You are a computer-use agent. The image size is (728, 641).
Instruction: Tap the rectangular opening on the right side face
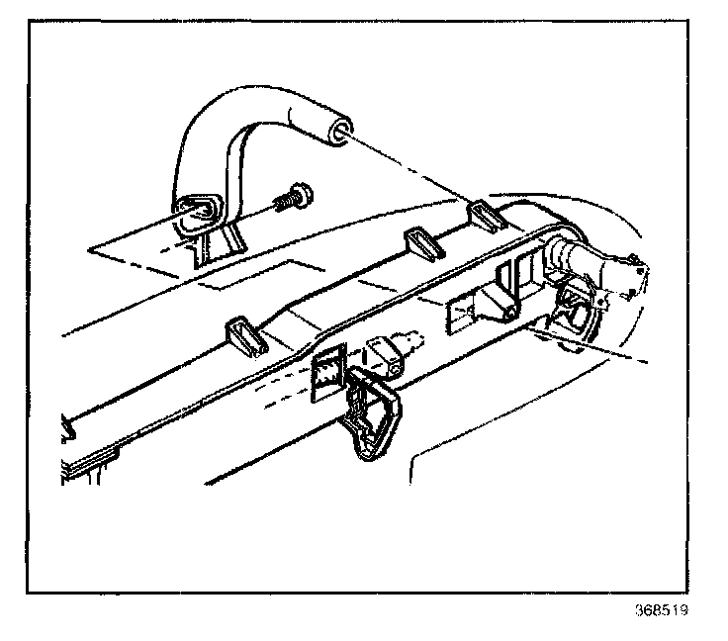coord(465,313)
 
